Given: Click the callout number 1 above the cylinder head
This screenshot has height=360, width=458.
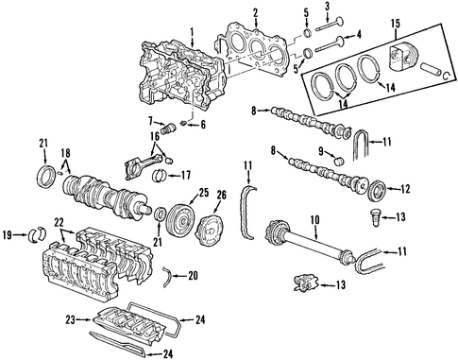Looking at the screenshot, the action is click(x=192, y=32).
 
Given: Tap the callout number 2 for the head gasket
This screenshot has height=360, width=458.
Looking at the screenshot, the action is click(x=255, y=13).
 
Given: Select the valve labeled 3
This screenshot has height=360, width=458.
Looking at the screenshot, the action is click(x=330, y=25).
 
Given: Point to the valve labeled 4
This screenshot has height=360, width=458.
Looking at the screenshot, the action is click(x=330, y=44).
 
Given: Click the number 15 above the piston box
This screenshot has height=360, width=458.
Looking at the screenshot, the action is click(x=396, y=24).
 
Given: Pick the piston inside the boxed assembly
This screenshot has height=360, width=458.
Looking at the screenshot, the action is click(x=403, y=56).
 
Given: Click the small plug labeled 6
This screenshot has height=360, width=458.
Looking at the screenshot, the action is click(x=184, y=123).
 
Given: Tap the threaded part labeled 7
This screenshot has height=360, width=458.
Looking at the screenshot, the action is click(x=167, y=129).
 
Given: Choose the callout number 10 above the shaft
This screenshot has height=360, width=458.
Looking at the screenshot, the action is click(x=314, y=220).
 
